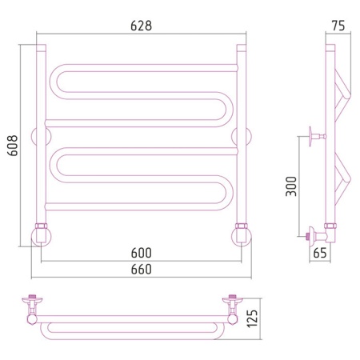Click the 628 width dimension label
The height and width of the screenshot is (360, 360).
click(x=141, y=26)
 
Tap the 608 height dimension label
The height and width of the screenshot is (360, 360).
click(x=13, y=146)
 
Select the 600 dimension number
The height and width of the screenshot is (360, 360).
click(x=142, y=253)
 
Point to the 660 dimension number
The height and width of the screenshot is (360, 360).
click(x=142, y=269)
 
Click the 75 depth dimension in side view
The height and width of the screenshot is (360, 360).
click(x=338, y=26)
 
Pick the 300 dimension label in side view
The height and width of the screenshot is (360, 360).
click(x=291, y=186)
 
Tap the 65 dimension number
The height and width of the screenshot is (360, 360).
click(x=320, y=253)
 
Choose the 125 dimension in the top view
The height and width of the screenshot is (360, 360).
click(x=252, y=318)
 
